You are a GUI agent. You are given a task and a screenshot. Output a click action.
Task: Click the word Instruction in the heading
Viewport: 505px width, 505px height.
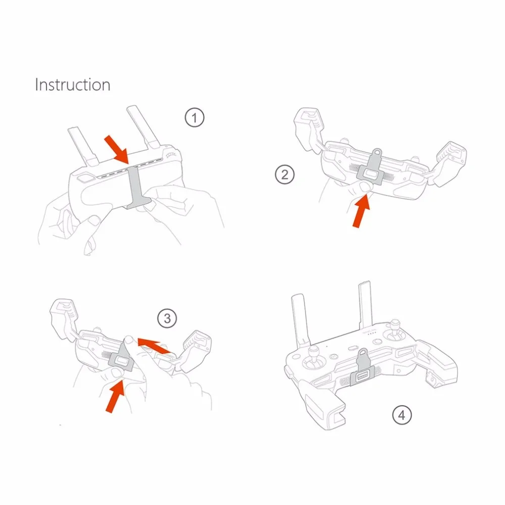point(72,85)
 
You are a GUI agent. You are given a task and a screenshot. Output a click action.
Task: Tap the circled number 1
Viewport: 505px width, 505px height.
point(194,118)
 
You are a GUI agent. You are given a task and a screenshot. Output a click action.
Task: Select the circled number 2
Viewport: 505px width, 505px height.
point(285,174)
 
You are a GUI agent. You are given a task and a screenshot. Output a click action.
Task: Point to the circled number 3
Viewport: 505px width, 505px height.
point(167,319)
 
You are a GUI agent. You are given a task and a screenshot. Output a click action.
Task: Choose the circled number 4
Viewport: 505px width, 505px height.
point(402,415)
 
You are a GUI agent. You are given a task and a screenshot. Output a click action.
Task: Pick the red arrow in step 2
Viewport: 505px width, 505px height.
point(361,211)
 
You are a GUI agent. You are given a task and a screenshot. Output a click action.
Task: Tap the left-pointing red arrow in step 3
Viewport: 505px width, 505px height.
point(154,345)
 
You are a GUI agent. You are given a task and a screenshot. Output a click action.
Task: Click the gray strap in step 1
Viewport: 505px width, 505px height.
point(136,187)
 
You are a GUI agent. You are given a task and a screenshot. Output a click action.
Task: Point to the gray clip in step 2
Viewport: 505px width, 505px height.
point(370,169)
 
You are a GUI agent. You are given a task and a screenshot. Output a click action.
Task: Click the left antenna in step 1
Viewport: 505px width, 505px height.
point(82,146)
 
